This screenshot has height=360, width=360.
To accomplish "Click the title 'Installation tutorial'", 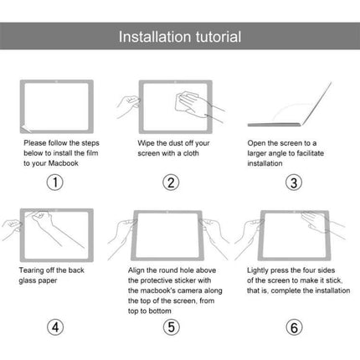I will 179,37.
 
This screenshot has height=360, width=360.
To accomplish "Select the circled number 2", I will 170,183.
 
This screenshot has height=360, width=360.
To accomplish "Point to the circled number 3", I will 293,183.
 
